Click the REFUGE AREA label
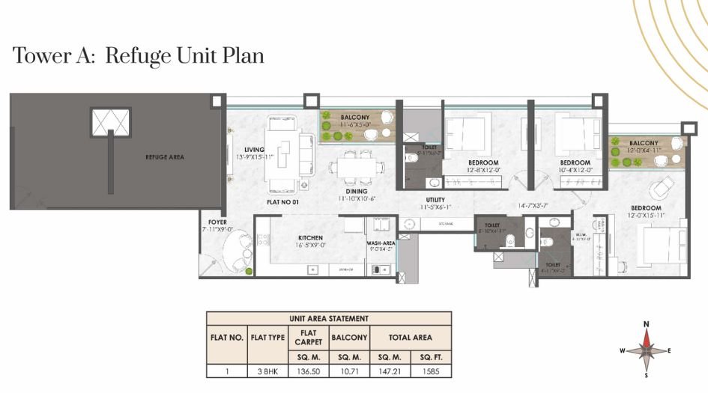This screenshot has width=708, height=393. point(165,157)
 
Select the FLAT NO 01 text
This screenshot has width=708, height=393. point(283,202)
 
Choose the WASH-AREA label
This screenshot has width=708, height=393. point(381,243)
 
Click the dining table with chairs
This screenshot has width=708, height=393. point(355,166)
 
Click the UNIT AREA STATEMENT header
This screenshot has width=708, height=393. point(329,318)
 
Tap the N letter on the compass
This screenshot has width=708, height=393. point(647,323)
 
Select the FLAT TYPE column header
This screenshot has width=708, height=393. point(267,338)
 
